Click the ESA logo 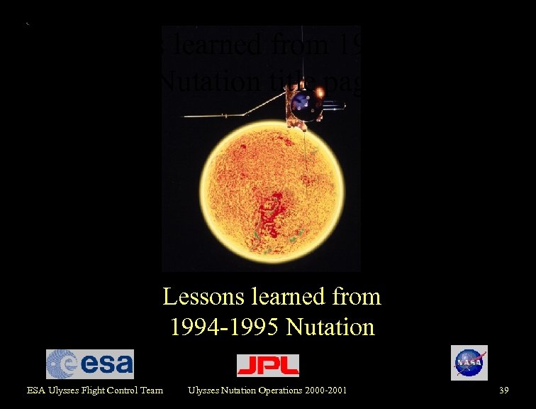click(x=89, y=364)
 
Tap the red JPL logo click(x=267, y=365)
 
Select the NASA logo click(x=469, y=363)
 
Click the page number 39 click(x=504, y=390)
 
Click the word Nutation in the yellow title click(x=330, y=327)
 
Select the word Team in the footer click(x=152, y=390)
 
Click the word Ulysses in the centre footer click(x=202, y=390)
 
